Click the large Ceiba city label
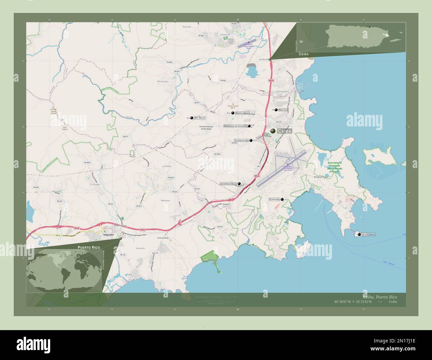(x=284, y=131)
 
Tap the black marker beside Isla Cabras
(x=359, y=234)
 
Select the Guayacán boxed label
(x=274, y=199)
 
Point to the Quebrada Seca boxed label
(x=228, y=183)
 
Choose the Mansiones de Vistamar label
(x=235, y=126)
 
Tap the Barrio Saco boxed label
(x=242, y=113)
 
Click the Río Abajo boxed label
(x=200, y=118)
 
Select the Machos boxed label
(x=283, y=110)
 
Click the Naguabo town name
(x=108, y=235)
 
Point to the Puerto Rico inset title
(x=89, y=247)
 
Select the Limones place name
(x=167, y=166)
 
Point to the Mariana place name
(x=165, y=201)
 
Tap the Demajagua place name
(x=279, y=91)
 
